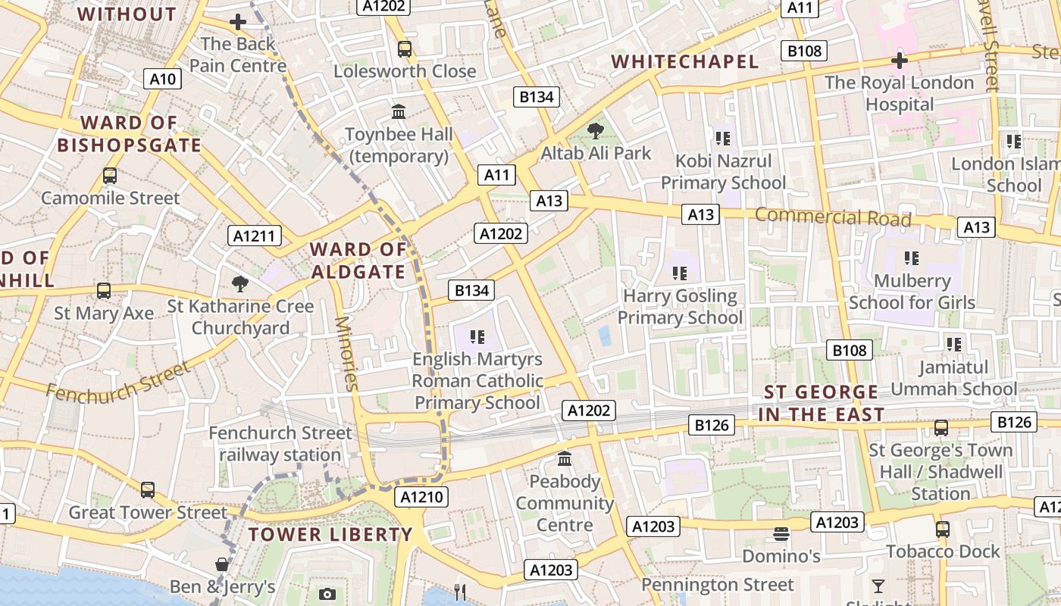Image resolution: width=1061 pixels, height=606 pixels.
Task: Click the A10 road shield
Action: click(x=163, y=79)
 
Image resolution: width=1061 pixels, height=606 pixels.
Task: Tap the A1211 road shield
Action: click(x=255, y=236)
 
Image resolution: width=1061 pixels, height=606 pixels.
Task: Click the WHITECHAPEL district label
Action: click(x=685, y=61)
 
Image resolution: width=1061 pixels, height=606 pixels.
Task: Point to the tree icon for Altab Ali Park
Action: click(x=596, y=131)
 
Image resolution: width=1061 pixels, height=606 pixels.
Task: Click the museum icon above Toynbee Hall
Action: click(x=399, y=112)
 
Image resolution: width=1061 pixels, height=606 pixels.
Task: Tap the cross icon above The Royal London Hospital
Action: click(x=900, y=60)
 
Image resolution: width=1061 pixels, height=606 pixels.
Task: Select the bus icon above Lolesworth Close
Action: click(x=405, y=49)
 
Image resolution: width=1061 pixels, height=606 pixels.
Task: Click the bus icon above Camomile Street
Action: click(x=110, y=176)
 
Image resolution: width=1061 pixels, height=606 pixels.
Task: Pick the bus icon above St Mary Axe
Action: click(x=104, y=291)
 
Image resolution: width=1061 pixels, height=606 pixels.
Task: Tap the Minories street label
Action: click(x=346, y=353)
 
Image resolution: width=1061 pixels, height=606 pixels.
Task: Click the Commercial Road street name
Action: click(x=833, y=217)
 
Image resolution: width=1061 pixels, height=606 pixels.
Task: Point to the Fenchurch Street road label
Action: click(x=118, y=381)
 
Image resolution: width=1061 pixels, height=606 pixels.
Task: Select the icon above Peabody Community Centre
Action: click(x=565, y=459)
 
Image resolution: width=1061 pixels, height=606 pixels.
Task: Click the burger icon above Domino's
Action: click(x=781, y=534)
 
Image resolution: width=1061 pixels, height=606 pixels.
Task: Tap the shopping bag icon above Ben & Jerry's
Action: click(x=222, y=564)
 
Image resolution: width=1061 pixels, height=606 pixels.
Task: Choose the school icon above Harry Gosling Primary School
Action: click(x=680, y=273)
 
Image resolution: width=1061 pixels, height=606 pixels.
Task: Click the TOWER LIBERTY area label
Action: click(x=330, y=534)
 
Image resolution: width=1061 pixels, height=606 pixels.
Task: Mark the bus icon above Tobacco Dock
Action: click(x=943, y=529)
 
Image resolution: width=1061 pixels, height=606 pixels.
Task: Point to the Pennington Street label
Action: click(x=718, y=585)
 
